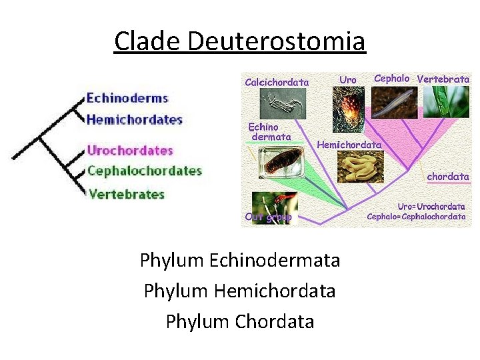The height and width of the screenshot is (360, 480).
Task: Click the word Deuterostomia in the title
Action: pyautogui.click(x=277, y=41)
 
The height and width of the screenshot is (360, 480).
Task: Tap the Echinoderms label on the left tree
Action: pyautogui.click(x=127, y=98)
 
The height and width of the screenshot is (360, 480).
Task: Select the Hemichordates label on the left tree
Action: pyautogui.click(x=134, y=120)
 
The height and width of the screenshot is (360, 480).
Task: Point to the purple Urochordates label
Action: pyautogui.click(x=130, y=151)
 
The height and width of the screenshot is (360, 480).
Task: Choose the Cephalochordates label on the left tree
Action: pyautogui.click(x=145, y=171)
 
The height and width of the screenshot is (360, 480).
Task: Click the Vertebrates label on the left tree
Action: pyautogui.click(x=126, y=195)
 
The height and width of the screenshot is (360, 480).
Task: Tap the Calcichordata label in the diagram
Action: pyautogui.click(x=277, y=83)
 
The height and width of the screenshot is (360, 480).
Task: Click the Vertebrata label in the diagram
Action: pyautogui.click(x=443, y=79)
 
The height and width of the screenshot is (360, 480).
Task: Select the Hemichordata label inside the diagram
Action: pyautogui.click(x=349, y=145)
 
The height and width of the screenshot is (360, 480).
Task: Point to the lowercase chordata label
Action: pyautogui.click(x=448, y=177)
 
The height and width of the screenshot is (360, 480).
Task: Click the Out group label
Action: pyautogui.click(x=268, y=217)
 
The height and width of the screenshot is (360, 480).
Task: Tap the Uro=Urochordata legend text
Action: pyautogui.click(x=431, y=207)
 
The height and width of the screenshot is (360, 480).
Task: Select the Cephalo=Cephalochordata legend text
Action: pyautogui.click(x=417, y=217)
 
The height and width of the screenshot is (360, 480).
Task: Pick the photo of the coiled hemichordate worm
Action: pyautogui.click(x=361, y=166)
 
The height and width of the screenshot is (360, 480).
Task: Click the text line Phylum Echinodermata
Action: pyautogui.click(x=240, y=260)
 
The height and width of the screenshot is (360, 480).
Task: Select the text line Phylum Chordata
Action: pyautogui.click(x=240, y=321)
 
